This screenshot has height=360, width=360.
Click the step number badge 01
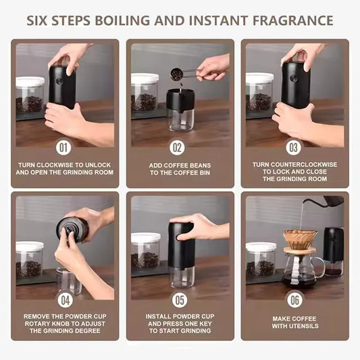tap(64, 147)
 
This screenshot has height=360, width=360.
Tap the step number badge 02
tap(178, 147)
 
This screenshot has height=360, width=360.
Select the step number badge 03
tap(294, 147)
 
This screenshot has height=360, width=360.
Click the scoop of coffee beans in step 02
tap(178, 74)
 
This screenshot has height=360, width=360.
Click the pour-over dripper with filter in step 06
tap(299, 240)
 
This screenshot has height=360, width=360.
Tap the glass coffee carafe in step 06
tap(299, 269)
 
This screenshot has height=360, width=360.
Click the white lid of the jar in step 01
tap(30, 82)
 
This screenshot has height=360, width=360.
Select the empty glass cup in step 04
tap(68, 281)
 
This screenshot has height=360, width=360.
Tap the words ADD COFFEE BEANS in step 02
tap(180, 165)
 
